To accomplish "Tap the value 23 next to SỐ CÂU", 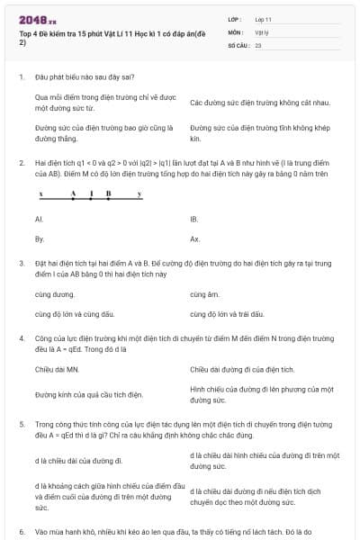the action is pos(258,44).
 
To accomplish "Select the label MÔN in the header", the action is pos(235,31).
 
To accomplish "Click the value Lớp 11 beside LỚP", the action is pos(263,19).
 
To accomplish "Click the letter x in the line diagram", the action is pos(40,193).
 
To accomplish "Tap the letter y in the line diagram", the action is pos(139,193).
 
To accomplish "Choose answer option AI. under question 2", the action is pos(39,219).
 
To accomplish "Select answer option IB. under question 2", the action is pos(193,219).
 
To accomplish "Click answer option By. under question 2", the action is pos(39,239).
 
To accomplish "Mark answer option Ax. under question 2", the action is pos(194,239).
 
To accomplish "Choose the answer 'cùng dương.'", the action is pos(55,294).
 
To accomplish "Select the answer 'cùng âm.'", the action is pos(204,294).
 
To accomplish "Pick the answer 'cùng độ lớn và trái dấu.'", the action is pos(227,314).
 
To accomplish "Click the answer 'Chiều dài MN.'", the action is pos(58,369).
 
